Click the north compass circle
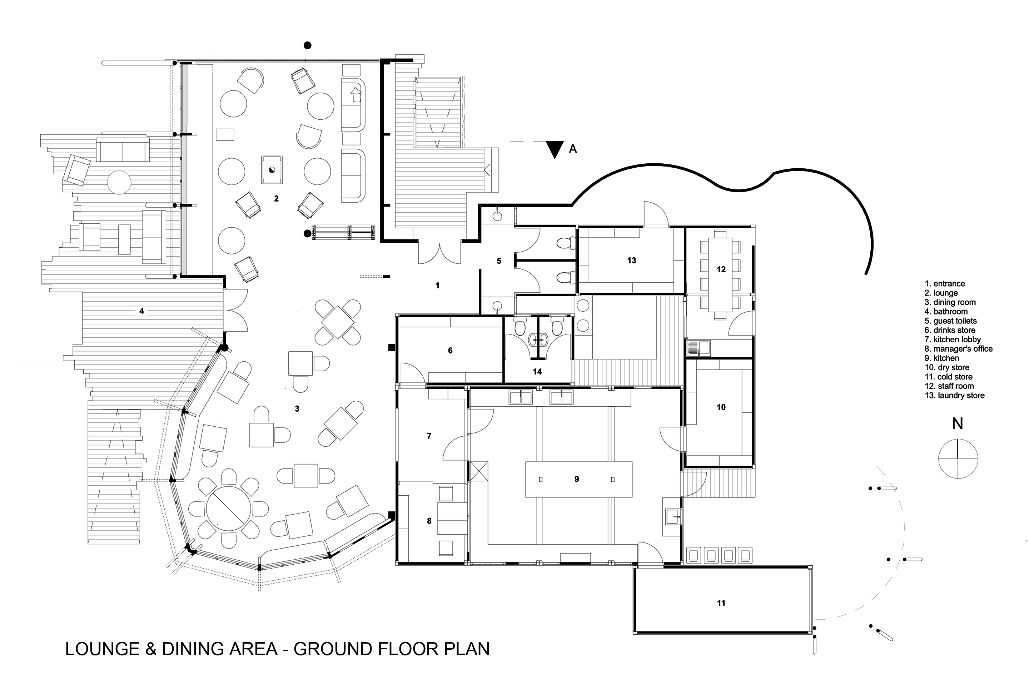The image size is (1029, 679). pos(958,459)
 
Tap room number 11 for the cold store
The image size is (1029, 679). pos(721,603)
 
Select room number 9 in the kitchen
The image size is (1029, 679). pos(577,479)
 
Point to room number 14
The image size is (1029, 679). pos(537,372)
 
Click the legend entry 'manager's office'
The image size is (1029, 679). pos(959,348)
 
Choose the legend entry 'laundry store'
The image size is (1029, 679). pos(955,395)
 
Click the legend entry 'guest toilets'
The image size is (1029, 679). pos(951,321)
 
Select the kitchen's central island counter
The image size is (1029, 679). pos(579,479)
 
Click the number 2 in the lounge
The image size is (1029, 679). pos(276,199)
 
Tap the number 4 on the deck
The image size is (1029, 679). pos(141,311)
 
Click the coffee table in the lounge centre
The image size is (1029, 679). pos(272,170)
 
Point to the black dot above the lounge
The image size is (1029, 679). pos(307,45)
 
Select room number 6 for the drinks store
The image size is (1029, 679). pos(450,350)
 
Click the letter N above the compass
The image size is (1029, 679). pos(958,423)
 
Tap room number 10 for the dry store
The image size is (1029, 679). pos(721,407)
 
